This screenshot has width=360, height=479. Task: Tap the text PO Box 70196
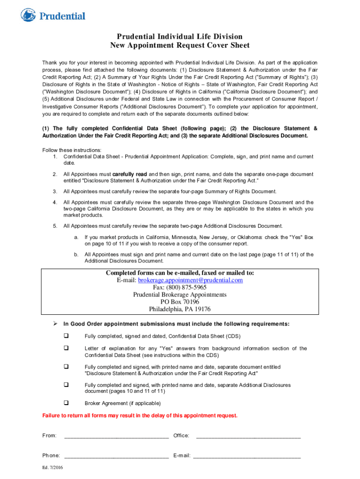[180, 302]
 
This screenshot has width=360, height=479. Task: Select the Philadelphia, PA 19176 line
[180, 309]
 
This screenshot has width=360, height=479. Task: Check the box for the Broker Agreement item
[66, 403]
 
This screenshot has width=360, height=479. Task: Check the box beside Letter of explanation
[66, 348]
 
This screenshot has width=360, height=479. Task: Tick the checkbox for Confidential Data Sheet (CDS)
[66, 336]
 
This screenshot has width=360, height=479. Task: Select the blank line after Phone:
[116, 456]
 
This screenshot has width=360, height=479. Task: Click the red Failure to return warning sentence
[140, 415]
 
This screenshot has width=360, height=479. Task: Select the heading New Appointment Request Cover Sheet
[180, 45]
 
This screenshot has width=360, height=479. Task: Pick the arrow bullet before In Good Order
[54, 324]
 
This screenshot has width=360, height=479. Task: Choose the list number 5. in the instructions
[55, 226]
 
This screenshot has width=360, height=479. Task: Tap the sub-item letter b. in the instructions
[76, 254]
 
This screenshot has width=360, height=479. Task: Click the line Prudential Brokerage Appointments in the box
[180, 295]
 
